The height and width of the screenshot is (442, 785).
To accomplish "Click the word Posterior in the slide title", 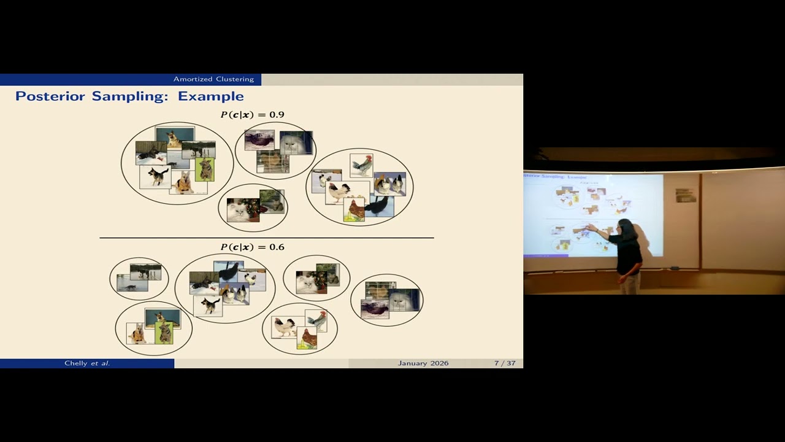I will [52, 96].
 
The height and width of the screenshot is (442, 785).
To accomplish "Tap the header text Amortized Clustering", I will [213, 79].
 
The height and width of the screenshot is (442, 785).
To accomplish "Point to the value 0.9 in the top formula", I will [277, 115].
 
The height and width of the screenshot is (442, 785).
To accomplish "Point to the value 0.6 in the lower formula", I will [277, 247].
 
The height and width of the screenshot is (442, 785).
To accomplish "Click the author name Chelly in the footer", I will [76, 363].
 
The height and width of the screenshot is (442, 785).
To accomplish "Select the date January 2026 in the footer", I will [423, 363].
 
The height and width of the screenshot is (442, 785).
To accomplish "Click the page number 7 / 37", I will [505, 363].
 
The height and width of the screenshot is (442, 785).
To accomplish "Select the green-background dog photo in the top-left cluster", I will [205, 169].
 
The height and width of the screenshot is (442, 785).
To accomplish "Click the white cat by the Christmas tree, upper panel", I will [240, 211].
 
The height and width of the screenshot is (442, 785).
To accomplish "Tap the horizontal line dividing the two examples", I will [266, 238].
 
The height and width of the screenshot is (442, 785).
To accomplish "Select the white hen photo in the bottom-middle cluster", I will [283, 327].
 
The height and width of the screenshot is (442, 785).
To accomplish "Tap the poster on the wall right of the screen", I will [685, 195].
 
